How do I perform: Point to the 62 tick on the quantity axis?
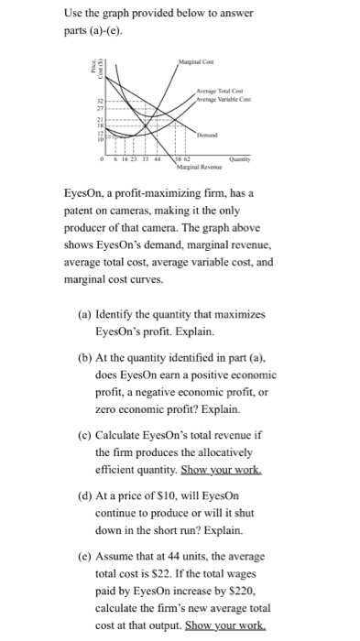[x=184, y=157]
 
